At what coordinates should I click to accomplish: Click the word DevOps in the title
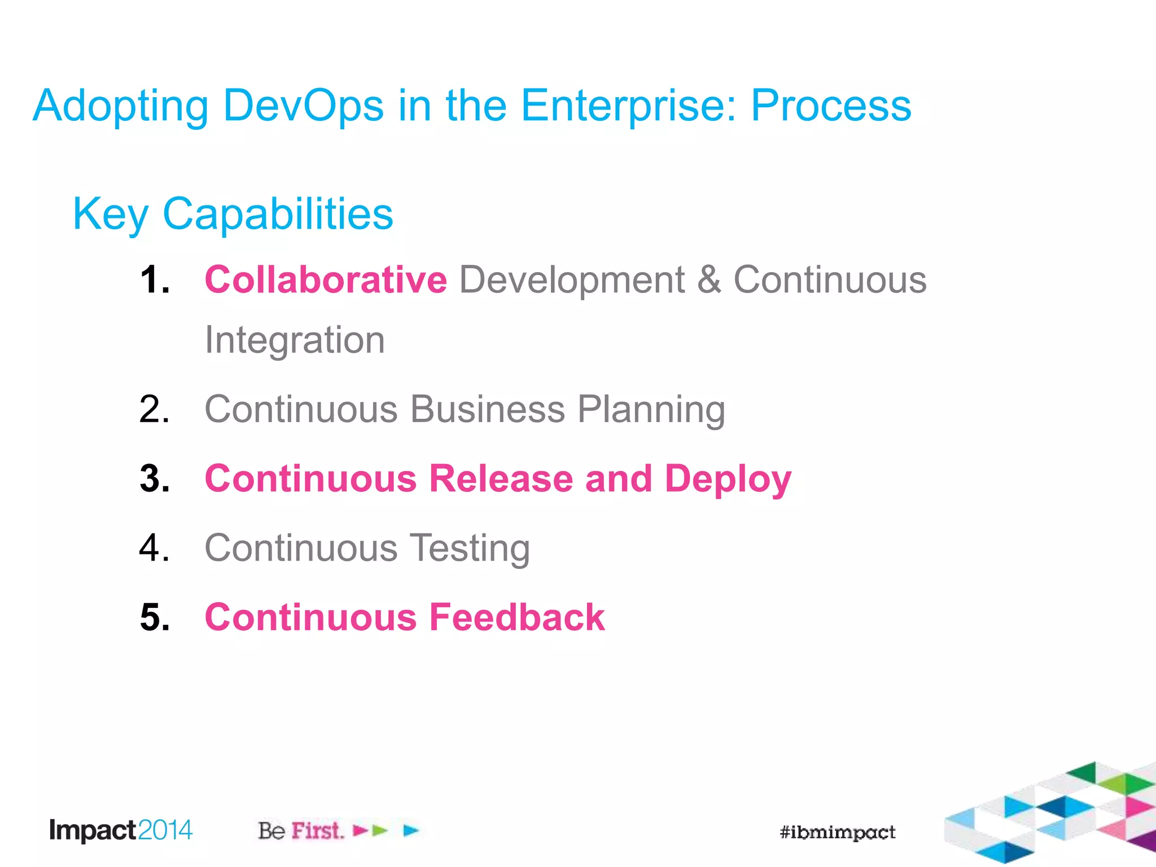pyautogui.click(x=303, y=106)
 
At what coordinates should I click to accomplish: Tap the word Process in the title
pyautogui.click(x=830, y=106)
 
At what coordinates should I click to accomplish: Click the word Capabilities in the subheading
pyautogui.click(x=278, y=214)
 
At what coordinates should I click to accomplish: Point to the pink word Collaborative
pyautogui.click(x=326, y=279)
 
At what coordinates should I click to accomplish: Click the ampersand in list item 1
pyautogui.click(x=709, y=279)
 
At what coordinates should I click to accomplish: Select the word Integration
pyautogui.click(x=295, y=340)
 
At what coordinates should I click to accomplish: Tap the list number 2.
pyautogui.click(x=154, y=409)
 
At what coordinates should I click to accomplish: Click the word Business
pyautogui.click(x=487, y=409)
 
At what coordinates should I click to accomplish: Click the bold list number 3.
pyautogui.click(x=154, y=479)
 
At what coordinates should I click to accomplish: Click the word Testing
pyautogui.click(x=468, y=548)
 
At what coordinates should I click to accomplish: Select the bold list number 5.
pyautogui.click(x=154, y=617)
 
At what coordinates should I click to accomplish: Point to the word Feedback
pyautogui.click(x=516, y=617)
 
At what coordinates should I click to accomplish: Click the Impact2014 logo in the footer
pyautogui.click(x=121, y=830)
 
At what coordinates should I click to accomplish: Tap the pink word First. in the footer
pyautogui.click(x=317, y=831)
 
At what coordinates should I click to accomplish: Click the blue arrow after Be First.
pyautogui.click(x=411, y=830)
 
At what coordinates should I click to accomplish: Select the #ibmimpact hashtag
pyautogui.click(x=837, y=832)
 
